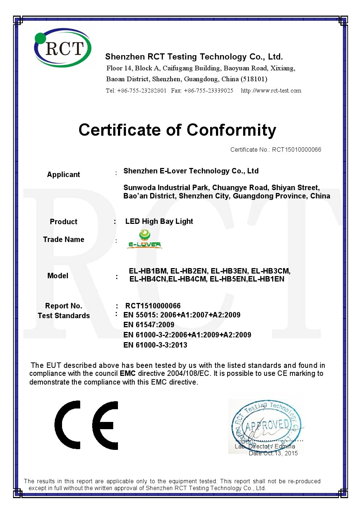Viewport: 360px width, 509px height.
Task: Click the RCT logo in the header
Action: click(63, 48)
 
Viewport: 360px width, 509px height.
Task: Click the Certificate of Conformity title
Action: click(177, 130)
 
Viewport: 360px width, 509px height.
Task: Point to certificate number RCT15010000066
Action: click(296, 149)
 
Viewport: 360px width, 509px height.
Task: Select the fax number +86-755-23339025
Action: click(209, 91)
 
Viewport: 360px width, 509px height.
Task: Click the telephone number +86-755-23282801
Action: click(142, 91)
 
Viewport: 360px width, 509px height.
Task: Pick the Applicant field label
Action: click(64, 175)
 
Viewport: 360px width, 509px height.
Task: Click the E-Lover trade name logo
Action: click(144, 240)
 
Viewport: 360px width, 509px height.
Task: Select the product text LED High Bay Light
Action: click(159, 221)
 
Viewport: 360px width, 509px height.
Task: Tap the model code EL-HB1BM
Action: click(148, 271)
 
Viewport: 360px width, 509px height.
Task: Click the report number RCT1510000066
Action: click(153, 306)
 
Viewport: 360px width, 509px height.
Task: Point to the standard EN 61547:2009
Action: click(149, 325)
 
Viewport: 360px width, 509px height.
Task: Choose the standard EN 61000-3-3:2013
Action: click(155, 345)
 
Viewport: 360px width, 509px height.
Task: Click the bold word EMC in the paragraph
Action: click(128, 374)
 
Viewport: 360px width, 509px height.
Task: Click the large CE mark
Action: click(86, 425)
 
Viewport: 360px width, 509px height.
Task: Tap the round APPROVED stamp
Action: click(266, 425)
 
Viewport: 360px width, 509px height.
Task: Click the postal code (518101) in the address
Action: click(254, 79)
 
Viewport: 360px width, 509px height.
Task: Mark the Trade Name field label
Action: click(64, 239)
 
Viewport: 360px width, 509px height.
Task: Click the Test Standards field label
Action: click(64, 316)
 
